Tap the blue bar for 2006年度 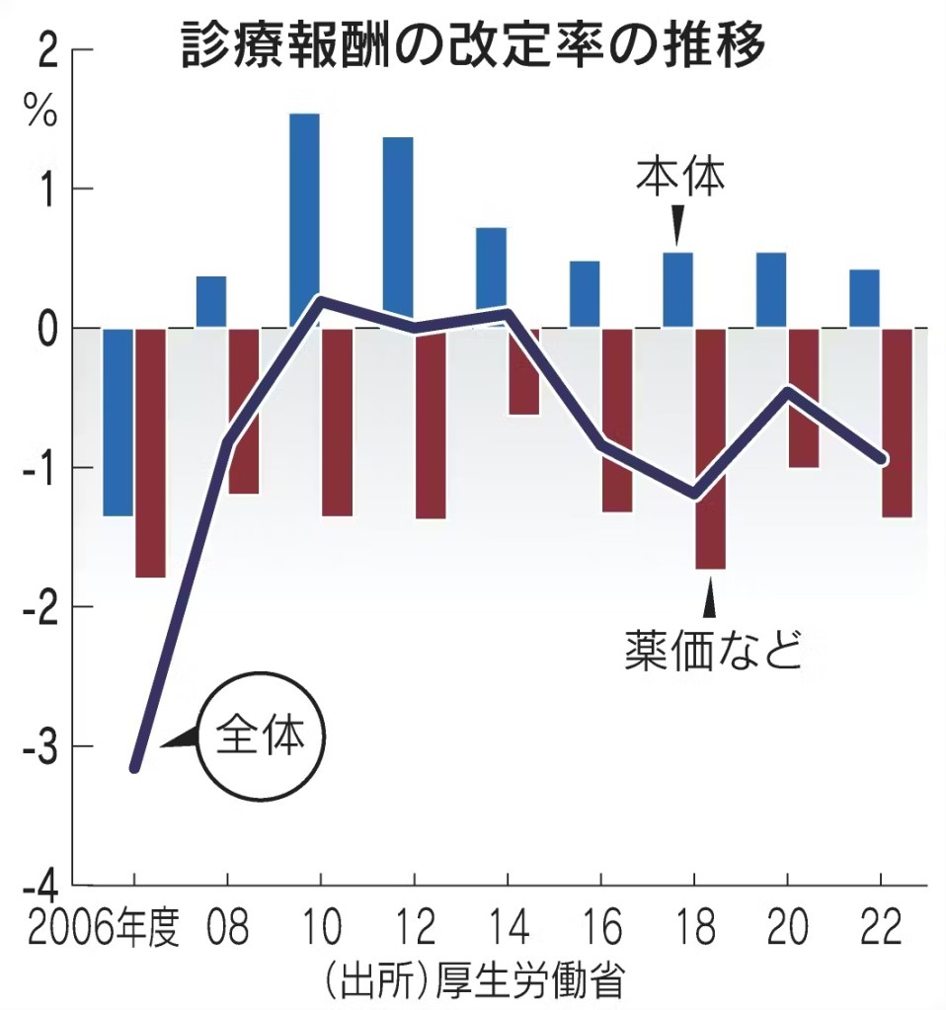[x=118, y=422]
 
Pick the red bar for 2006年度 [x=150, y=452]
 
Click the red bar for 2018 [x=710, y=448]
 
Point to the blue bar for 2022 [x=864, y=298]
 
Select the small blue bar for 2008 [x=211, y=301]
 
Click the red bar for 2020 [x=803, y=398]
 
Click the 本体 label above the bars [x=678, y=177]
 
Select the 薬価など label [x=712, y=651]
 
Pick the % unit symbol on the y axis [x=42, y=113]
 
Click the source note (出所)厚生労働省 [x=473, y=981]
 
